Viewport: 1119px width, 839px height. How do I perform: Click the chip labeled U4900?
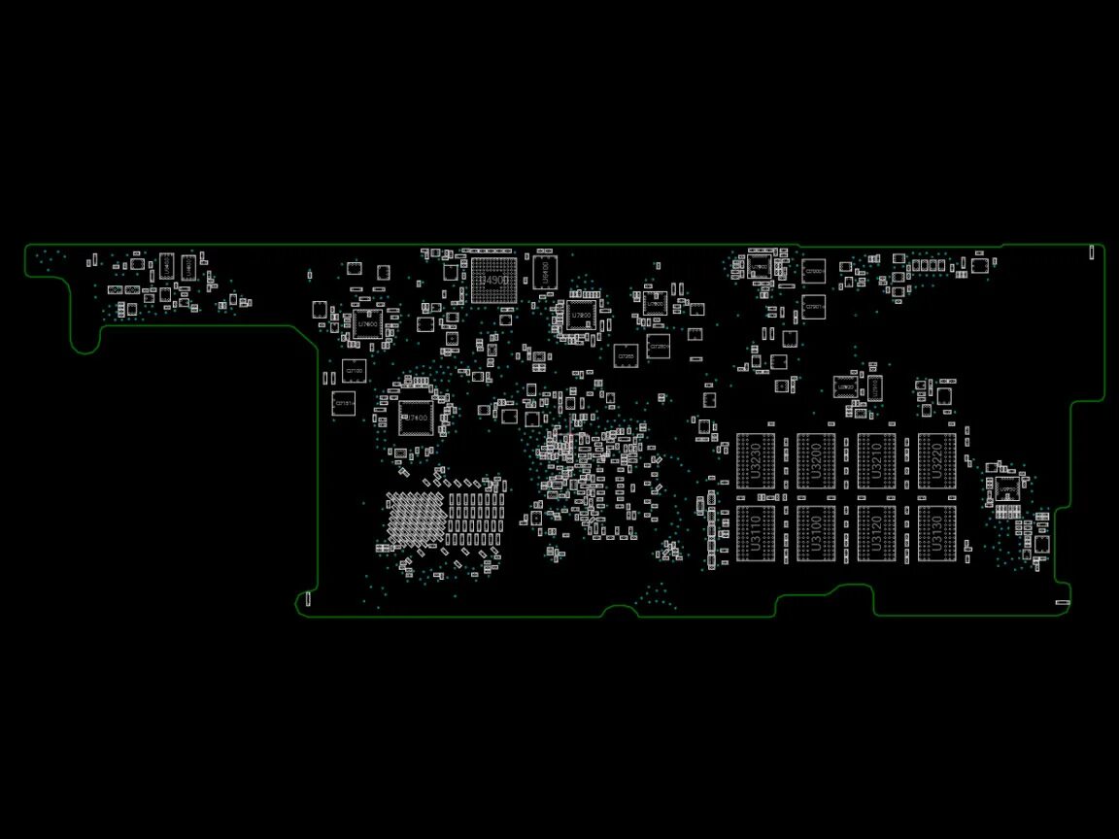click(x=493, y=281)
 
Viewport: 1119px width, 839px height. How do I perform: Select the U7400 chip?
click(x=415, y=418)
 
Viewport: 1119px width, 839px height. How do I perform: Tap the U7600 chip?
click(x=368, y=323)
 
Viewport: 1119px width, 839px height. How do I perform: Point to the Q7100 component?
click(x=355, y=371)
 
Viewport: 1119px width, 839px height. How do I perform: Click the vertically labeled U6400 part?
click(x=545, y=271)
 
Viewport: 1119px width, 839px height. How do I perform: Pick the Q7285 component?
click(x=627, y=356)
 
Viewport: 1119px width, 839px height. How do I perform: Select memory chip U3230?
click(x=756, y=461)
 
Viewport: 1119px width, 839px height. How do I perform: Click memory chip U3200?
click(x=816, y=461)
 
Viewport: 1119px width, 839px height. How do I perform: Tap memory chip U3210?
click(x=876, y=461)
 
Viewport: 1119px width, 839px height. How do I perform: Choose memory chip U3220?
click(x=936, y=461)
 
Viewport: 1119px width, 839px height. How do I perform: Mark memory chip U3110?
click(x=756, y=533)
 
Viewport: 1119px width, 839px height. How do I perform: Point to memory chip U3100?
click(x=816, y=533)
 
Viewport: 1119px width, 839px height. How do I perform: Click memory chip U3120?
click(x=876, y=533)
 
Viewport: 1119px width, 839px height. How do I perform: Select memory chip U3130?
click(x=936, y=533)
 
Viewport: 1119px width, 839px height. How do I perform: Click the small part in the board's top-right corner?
click(x=1091, y=252)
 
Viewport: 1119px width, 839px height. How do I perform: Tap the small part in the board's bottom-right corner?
click(x=1062, y=603)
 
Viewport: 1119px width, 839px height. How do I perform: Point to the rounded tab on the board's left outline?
click(x=85, y=335)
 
